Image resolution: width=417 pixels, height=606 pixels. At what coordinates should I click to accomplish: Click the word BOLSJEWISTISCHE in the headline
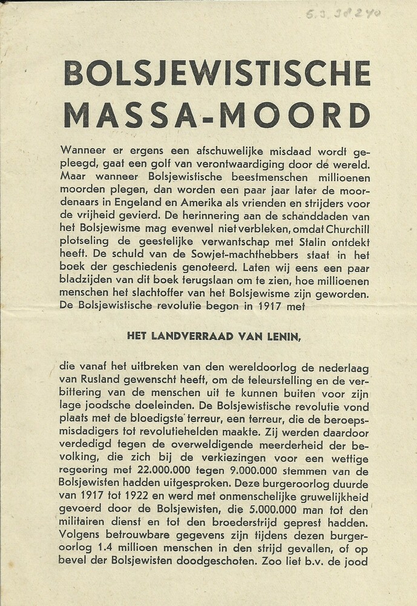[x=217, y=74]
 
